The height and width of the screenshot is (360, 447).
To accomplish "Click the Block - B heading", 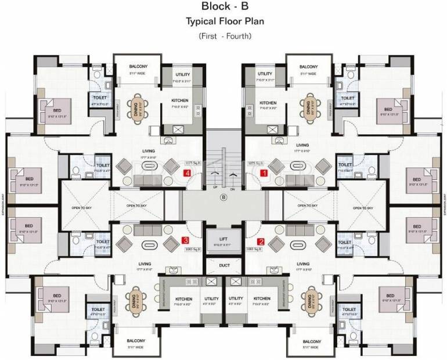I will [223, 8].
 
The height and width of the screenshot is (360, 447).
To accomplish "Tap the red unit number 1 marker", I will [263, 173].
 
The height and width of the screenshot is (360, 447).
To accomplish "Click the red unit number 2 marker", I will [261, 242].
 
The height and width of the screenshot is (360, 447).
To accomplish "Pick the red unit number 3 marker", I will [185, 240].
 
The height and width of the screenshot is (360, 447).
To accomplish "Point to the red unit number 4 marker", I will [187, 173].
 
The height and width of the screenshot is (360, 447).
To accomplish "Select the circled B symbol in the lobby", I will [223, 197].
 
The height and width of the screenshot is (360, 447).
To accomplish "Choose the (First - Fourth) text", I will [223, 36].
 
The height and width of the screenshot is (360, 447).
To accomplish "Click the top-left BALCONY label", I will [138, 67].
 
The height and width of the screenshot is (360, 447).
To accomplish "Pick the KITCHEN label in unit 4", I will [180, 100].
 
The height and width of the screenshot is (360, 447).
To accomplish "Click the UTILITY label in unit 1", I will [265, 74].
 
